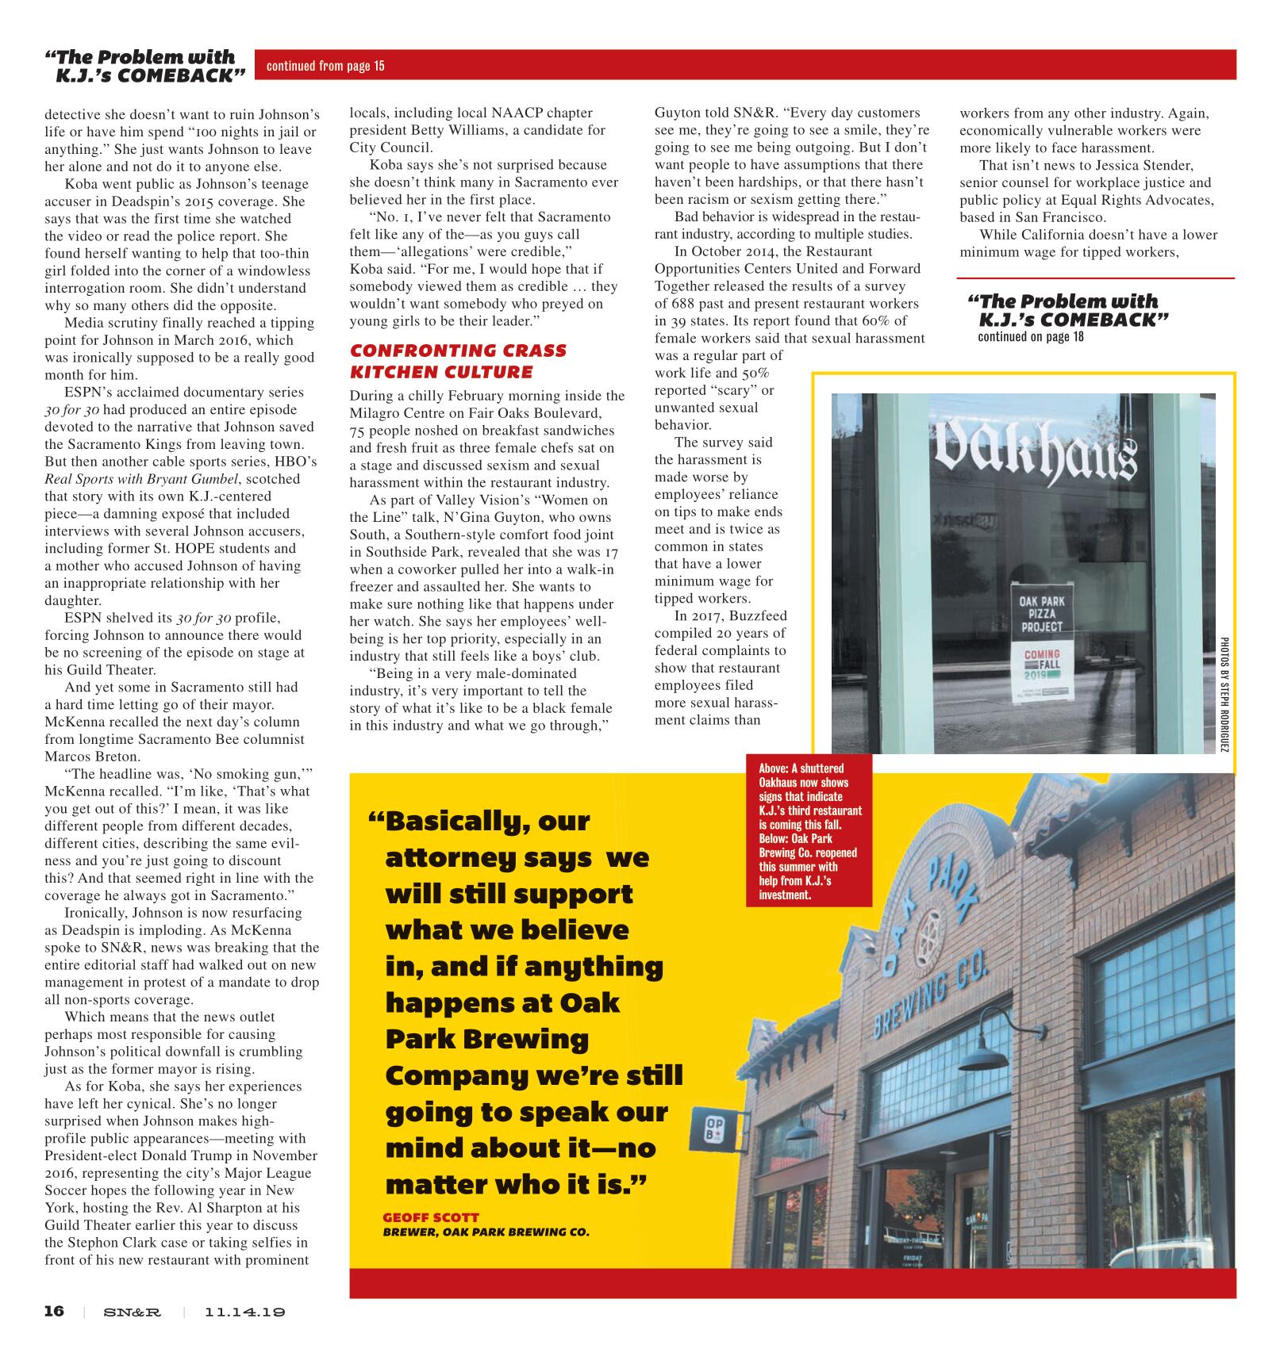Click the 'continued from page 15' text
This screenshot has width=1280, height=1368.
[x=325, y=66]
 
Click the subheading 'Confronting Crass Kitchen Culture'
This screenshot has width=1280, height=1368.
[x=458, y=361]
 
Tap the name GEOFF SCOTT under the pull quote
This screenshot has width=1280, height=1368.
[x=431, y=1217]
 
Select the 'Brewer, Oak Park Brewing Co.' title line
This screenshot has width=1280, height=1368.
[x=486, y=1232]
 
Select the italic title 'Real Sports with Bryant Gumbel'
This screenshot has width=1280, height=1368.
[x=172, y=478]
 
